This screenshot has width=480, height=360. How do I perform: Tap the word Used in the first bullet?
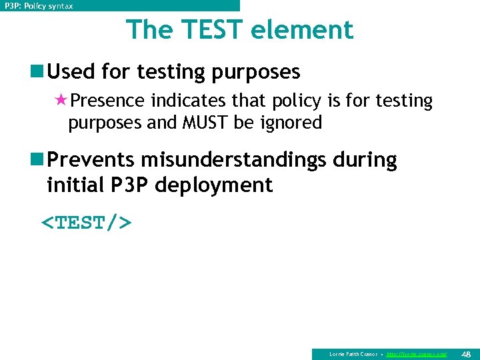72,71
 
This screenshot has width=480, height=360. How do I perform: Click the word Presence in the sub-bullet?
107,101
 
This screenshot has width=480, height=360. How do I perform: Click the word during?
365,160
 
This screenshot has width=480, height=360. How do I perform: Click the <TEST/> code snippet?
87,222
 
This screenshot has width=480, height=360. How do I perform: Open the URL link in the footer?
417,354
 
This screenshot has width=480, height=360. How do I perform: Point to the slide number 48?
465,353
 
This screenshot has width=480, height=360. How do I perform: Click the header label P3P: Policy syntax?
39,5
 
